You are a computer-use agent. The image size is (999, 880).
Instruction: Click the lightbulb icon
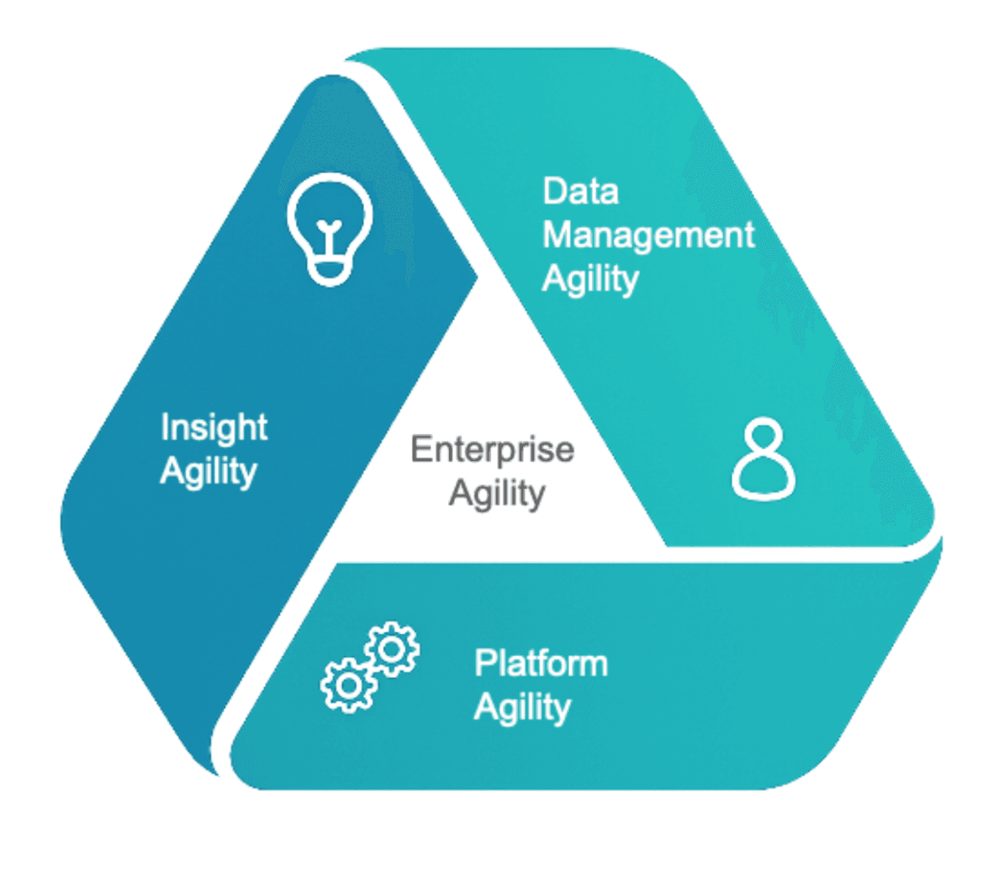(329, 228)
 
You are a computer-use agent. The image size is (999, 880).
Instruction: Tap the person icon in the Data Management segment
(764, 459)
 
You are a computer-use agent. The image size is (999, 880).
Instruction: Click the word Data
(580, 191)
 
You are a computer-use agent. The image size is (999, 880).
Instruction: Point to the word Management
(648, 236)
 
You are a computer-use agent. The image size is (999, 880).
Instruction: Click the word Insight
(214, 427)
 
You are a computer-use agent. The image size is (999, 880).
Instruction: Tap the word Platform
(541, 663)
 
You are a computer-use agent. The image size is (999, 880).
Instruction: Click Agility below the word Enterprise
(496, 493)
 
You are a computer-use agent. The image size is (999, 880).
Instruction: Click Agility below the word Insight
(208, 472)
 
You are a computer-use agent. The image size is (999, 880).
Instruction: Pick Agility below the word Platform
(522, 708)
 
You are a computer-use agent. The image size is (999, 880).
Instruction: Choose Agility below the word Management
(590, 279)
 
